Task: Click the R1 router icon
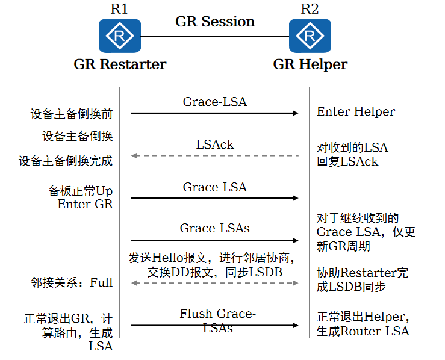pyautogui.click(x=120, y=36)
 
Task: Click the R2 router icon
pyautogui.click(x=310, y=36)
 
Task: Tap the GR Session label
pyautogui.click(x=215, y=22)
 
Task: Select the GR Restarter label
pyautogui.click(x=120, y=64)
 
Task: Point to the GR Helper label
pyautogui.click(x=310, y=64)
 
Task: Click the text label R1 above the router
pyautogui.click(x=120, y=8)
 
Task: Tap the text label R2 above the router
pyautogui.click(x=310, y=8)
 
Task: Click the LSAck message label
pyautogui.click(x=215, y=144)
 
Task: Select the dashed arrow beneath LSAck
pyautogui.click(x=215, y=156)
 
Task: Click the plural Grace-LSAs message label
pyautogui.click(x=215, y=228)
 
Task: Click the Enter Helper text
pyautogui.click(x=356, y=111)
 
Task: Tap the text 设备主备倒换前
pyautogui.click(x=72, y=114)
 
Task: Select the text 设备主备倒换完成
pyautogui.click(x=66, y=161)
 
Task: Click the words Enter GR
pyautogui.click(x=85, y=204)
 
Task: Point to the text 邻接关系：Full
pyautogui.click(x=72, y=282)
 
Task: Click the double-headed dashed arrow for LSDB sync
pyautogui.click(x=215, y=283)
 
